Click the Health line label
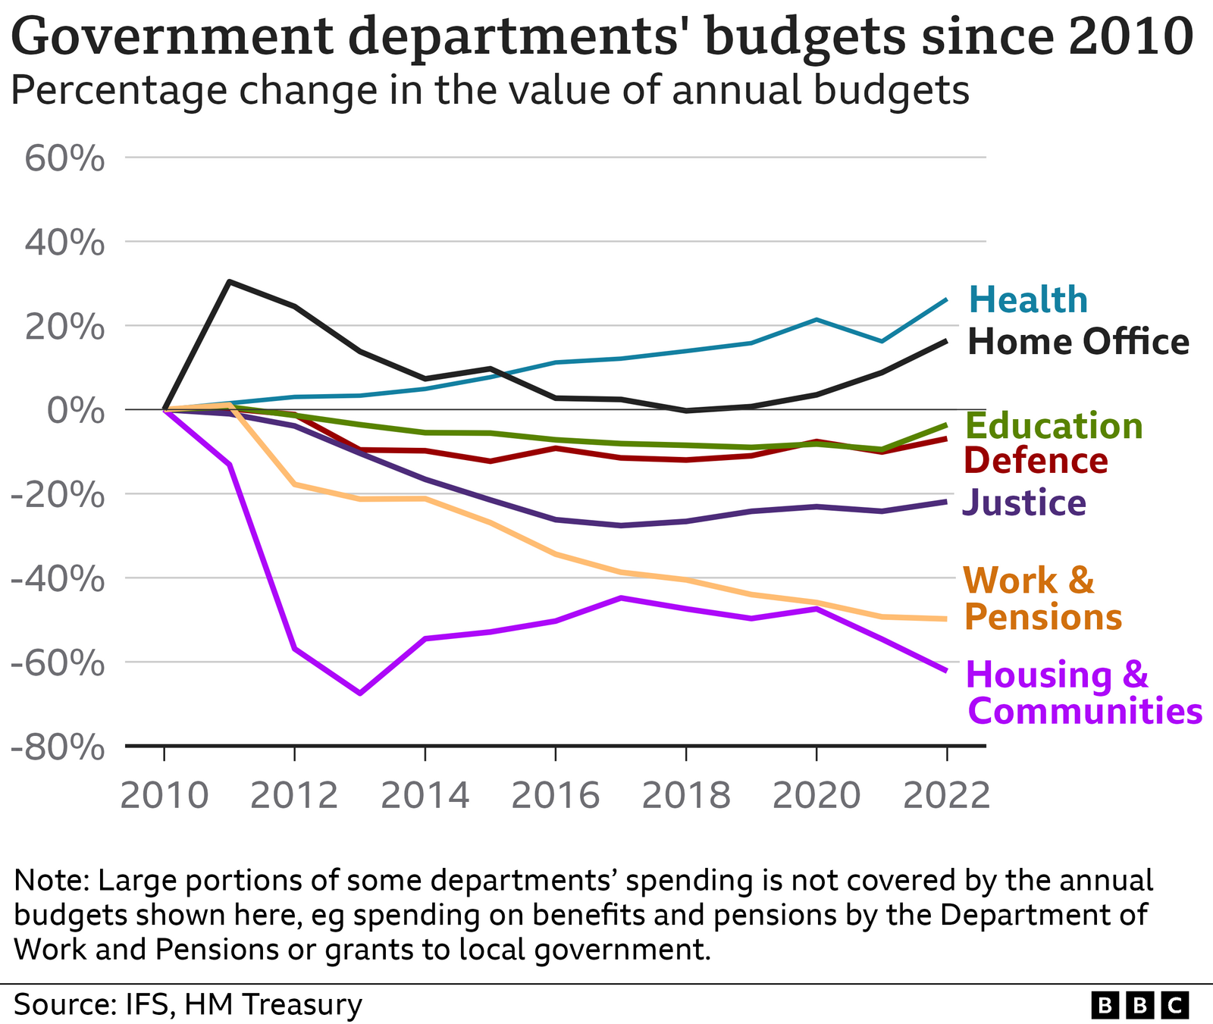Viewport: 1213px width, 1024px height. pos(1028,300)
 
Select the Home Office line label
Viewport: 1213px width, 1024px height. pos(1078,342)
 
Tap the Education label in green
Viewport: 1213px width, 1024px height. pos(1055,426)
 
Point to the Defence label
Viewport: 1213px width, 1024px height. pos(1036,461)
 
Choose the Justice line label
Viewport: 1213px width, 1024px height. pos(1024,503)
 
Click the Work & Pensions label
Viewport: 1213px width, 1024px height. pos(1042,599)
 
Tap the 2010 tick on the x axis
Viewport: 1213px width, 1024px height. pos(164,796)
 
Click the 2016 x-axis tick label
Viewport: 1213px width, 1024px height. pos(555,796)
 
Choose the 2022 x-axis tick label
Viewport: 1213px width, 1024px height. pos(946,796)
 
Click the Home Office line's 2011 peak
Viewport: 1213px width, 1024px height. pos(229,282)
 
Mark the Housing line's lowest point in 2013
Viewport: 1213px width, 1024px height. pos(360,693)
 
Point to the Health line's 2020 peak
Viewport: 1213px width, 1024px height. pos(816,320)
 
